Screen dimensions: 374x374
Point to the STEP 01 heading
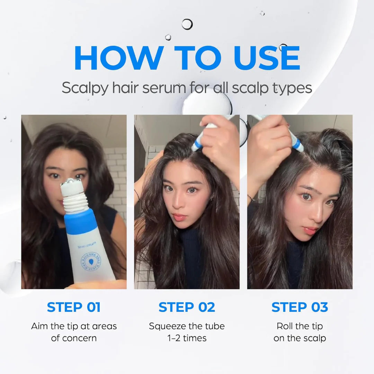pyautogui.click(x=74, y=307)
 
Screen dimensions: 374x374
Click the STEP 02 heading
pyautogui.click(x=187, y=307)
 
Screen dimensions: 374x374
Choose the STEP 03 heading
pyautogui.click(x=300, y=307)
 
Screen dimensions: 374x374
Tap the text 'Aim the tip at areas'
pyautogui.click(x=74, y=326)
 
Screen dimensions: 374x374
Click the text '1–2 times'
pyautogui.click(x=187, y=338)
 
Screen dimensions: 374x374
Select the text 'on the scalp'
pyautogui.click(x=300, y=338)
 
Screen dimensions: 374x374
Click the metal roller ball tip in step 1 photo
pyautogui.click(x=72, y=182)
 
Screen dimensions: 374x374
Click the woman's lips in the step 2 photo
pyautogui.click(x=180, y=217)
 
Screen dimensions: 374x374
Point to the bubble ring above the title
pyautogui.click(x=187, y=24)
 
